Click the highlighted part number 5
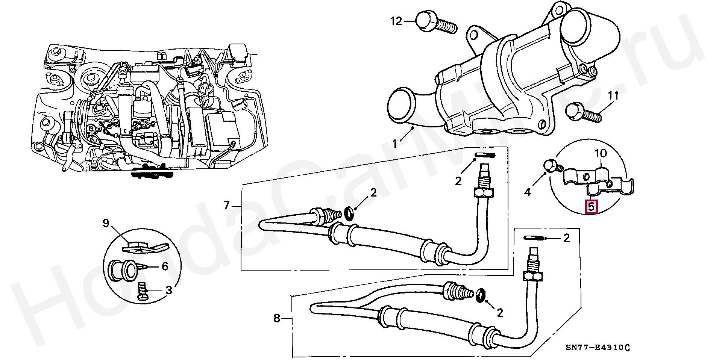point(591,206)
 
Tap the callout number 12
point(396,21)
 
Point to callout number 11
point(613,96)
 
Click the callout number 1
point(395,144)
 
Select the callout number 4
point(528,192)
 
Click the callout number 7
point(226,205)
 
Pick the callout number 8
point(277,319)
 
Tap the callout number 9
point(106,224)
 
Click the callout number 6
point(165,266)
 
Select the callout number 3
point(168,290)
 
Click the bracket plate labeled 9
point(145,247)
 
